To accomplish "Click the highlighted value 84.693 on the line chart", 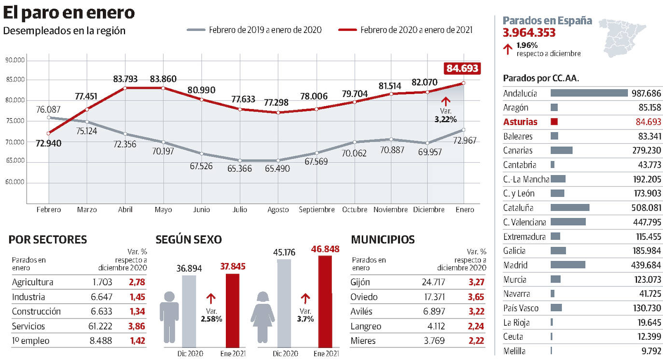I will (462, 69).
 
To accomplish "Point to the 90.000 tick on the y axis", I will (15, 60).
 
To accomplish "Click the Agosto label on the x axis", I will (278, 209).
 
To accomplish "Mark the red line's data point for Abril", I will (125, 88).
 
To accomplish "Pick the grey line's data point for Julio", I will (240, 160).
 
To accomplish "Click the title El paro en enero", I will (69, 13).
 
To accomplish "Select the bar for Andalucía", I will (589, 93).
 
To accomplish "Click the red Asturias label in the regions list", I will (520, 122).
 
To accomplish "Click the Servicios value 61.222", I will (100, 326).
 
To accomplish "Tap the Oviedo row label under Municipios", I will (364, 297).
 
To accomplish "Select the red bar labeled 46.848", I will (325, 301).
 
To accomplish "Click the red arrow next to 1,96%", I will (507, 49).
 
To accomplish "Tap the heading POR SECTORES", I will (48, 239).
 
